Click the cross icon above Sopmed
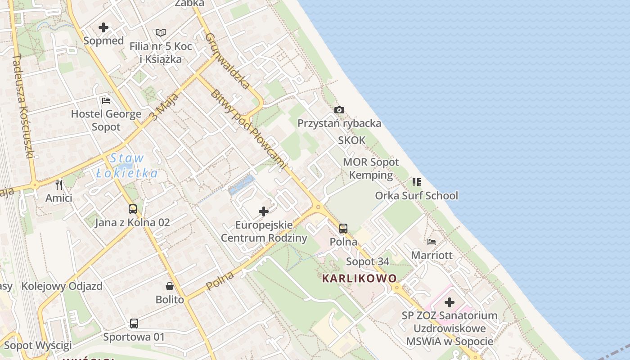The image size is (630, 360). point(103,27)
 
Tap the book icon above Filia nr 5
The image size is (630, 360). point(161,32)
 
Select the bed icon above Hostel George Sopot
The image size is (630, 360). point(106,100)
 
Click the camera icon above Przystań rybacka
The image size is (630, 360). point(339,110)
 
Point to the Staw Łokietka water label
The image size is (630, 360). point(127,165)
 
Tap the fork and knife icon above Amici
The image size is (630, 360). point(59,184)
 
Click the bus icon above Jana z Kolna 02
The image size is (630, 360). point(132,209)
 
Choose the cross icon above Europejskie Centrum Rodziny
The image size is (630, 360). point(264,211)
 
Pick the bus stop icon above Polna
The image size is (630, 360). point(343,229)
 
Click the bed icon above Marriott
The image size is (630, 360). point(432,242)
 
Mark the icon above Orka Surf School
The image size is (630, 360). point(417,182)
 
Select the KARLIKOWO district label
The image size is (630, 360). point(360,279)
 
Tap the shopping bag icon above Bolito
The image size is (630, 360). point(170,286)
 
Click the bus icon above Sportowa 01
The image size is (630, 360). point(134,324)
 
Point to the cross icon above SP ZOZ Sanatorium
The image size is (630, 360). point(449,302)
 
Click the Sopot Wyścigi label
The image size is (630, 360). point(38,346)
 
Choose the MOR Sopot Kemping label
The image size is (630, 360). point(371,168)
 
